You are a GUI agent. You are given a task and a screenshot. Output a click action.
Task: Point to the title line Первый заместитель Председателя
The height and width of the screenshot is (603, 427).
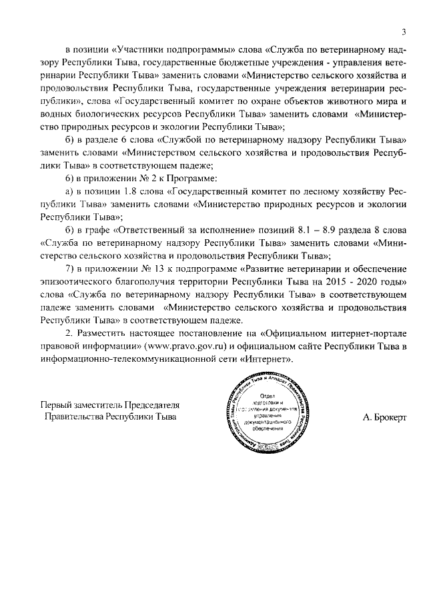tap(100, 405)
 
